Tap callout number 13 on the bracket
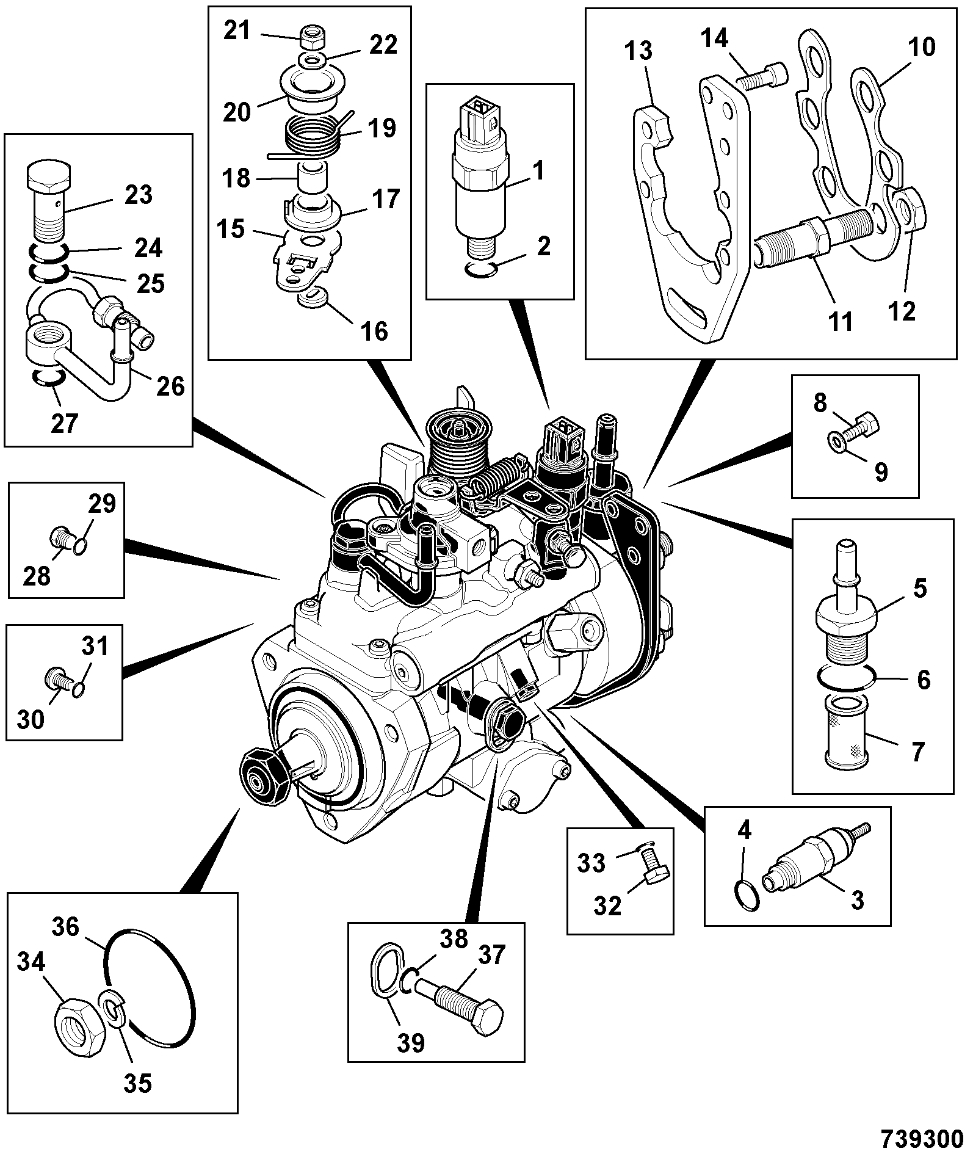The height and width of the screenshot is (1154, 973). [x=639, y=51]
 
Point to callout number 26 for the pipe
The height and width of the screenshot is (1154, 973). [x=170, y=385]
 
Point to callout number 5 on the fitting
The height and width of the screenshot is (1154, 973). [x=921, y=588]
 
